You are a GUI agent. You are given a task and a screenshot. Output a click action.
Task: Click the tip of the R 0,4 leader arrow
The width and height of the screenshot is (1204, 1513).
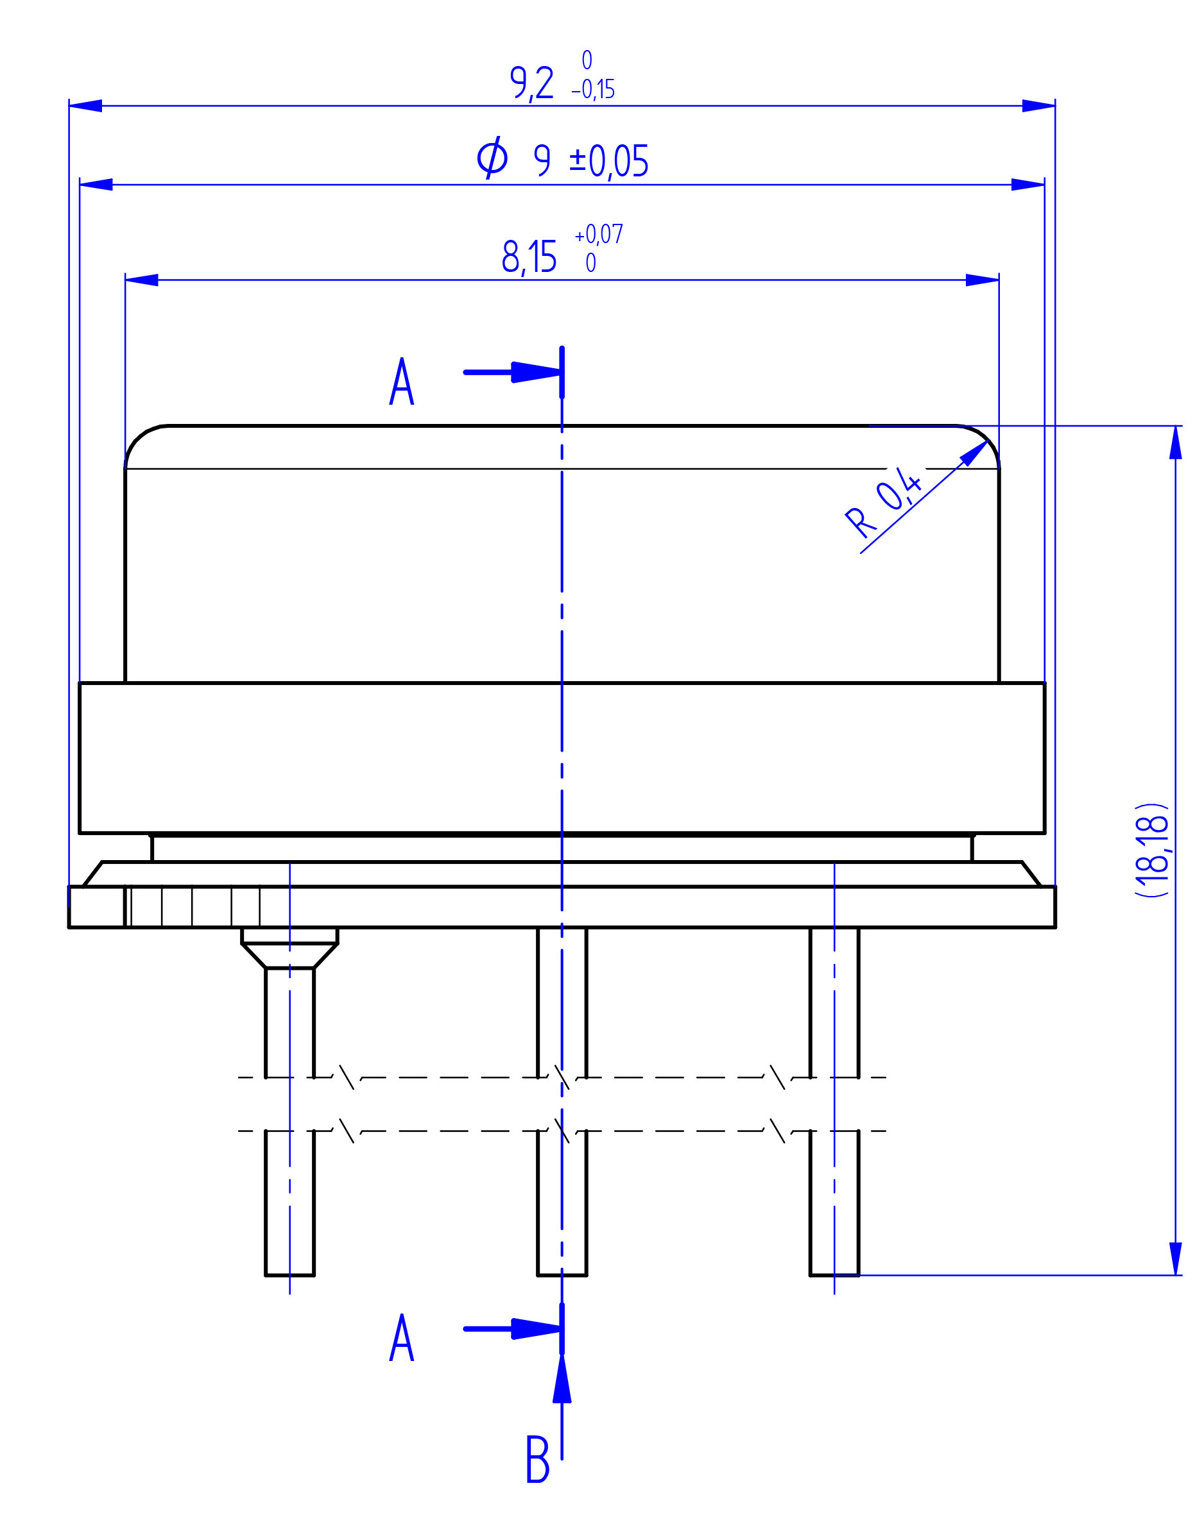(x=988, y=441)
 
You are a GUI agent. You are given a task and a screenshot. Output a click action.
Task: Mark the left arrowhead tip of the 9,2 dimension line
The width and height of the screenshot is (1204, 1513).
(x=69, y=106)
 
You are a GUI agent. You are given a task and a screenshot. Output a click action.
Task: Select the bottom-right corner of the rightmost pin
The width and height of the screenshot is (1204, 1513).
(x=859, y=1275)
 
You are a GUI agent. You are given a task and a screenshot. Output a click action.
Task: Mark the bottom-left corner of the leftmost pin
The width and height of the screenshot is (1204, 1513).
(x=265, y=1275)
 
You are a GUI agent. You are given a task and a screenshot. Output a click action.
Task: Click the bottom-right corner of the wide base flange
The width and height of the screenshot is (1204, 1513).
(x=1055, y=927)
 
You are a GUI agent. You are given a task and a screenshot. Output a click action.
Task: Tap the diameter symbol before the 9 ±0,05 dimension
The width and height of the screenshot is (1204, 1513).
(x=492, y=157)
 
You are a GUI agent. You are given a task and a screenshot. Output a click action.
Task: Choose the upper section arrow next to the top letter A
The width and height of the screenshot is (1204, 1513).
(x=513, y=372)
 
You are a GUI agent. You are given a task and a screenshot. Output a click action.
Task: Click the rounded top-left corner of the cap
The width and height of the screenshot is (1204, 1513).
(x=141, y=439)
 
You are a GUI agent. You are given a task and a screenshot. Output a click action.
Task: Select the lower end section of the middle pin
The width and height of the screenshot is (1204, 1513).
(x=562, y=1203)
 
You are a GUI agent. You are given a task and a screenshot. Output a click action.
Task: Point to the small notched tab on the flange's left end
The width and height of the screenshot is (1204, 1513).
(x=97, y=907)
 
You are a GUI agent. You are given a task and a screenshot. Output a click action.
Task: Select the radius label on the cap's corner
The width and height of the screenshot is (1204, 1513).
(x=883, y=501)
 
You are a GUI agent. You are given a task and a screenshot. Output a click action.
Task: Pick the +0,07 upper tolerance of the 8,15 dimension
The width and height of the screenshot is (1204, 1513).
(x=599, y=233)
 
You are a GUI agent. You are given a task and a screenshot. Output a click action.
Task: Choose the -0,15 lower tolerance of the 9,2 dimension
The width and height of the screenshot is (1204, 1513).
(x=593, y=90)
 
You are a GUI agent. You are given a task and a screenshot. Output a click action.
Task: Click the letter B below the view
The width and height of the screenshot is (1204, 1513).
(x=538, y=1459)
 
